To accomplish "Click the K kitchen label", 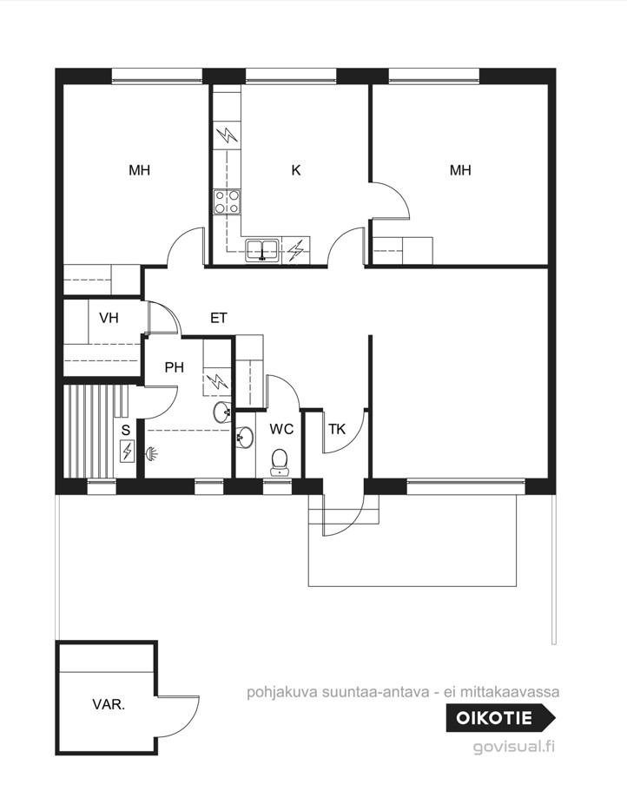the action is pos(296,170).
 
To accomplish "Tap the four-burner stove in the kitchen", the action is pos(227,201).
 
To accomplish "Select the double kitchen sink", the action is pos(262,250).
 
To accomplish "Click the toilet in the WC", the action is pos(280,462).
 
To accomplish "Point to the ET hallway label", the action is pos(218,318).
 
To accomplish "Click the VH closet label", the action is pos(109,318).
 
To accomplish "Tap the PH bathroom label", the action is pos(175,367).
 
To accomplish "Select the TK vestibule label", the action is pos(337,429).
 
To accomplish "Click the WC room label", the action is pos(281,429).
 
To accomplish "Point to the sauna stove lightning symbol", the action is pos(127,451).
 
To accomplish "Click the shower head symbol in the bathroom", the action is pos(152,454).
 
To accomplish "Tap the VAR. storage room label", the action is pos(109,704).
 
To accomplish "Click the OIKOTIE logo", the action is pos(501,718).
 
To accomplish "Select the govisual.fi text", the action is pos(514,747).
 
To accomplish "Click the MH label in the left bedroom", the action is pos(139,170).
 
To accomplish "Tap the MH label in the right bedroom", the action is pos(460,170).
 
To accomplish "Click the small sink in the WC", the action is pos(244,437).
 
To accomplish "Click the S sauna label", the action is pos(126,430).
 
